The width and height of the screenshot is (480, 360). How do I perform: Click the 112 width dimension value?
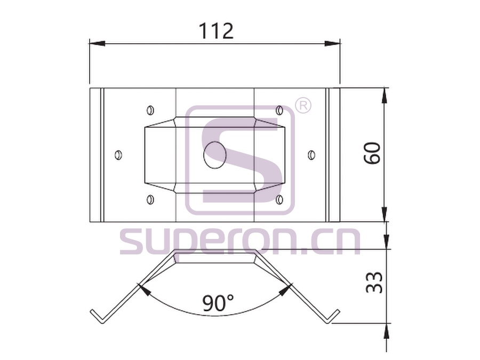click(216, 31)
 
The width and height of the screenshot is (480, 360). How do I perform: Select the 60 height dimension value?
click(372, 153)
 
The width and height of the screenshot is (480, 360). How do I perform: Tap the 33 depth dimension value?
click(374, 282)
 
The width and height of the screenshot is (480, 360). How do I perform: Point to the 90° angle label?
click(218, 303)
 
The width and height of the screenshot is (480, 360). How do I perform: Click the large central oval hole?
click(215, 155)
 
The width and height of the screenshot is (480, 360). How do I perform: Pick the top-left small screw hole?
click(150, 110)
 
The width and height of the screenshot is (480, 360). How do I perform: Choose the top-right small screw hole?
click(279, 110)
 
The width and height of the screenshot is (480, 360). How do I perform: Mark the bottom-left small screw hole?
click(150, 199)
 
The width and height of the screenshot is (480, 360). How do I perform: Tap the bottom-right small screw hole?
click(279, 199)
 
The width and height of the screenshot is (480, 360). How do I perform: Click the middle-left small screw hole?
click(118, 155)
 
